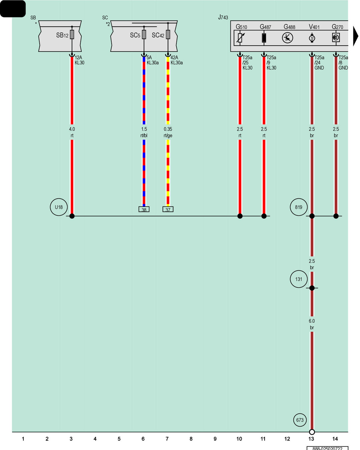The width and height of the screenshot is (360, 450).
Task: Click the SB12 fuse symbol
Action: point(72,34)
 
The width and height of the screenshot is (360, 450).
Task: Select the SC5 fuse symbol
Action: point(144,34)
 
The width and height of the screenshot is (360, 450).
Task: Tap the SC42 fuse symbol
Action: point(168,34)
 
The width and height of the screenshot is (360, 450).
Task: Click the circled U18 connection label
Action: point(59,207)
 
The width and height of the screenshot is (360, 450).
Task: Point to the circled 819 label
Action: point(299,207)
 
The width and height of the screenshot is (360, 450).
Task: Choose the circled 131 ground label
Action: point(299,279)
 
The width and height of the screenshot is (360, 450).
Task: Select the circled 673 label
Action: point(300,420)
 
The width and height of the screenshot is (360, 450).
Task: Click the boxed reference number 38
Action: point(144,209)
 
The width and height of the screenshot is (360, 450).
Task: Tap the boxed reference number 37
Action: point(168,209)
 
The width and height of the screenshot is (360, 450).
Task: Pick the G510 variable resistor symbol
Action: point(240,38)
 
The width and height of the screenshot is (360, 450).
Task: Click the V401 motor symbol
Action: point(312,38)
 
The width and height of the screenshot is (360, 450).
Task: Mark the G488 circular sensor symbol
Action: point(288,38)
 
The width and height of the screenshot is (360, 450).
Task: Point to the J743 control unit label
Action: point(223,17)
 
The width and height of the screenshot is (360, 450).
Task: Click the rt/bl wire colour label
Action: point(144,136)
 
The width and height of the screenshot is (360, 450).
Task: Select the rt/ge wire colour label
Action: point(168,136)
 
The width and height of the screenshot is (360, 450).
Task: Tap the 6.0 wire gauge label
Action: point(312,321)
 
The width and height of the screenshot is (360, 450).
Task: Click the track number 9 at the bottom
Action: point(215,439)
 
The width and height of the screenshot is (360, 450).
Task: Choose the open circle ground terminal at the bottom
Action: point(312,432)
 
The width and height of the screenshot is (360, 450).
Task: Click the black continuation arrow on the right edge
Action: point(355,36)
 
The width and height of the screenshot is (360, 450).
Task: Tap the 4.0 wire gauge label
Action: point(72,129)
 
